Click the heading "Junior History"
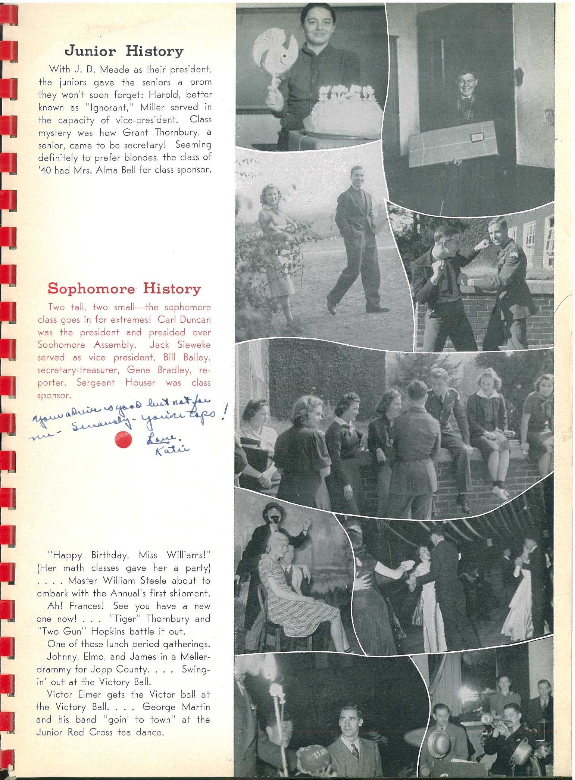(124, 51)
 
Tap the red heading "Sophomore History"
(124, 288)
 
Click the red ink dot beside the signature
(124, 439)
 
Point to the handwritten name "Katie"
(172, 450)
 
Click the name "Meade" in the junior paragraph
(115, 70)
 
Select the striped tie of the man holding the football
(355, 750)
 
